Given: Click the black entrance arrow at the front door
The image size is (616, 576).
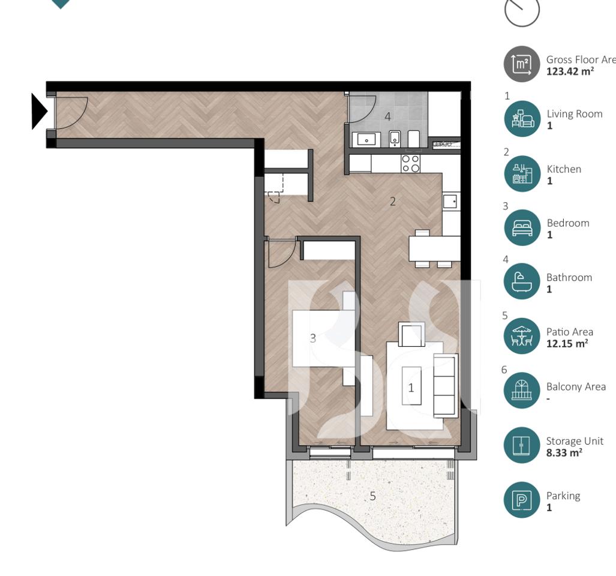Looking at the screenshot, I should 39,112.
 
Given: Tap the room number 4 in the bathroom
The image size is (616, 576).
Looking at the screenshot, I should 387,116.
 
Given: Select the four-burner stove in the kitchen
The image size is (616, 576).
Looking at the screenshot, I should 410,164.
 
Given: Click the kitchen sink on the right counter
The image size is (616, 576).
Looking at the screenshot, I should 450,201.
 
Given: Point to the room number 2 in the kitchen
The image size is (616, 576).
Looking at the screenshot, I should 393,202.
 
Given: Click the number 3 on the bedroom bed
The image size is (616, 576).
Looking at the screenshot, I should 312,338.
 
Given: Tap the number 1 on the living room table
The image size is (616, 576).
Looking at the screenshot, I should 411,388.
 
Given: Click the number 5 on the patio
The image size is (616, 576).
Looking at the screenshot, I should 372,496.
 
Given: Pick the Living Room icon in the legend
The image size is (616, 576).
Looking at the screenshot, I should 522,119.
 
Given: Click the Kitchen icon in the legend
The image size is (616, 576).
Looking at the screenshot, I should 522,173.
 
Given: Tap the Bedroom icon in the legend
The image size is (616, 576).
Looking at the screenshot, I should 522,227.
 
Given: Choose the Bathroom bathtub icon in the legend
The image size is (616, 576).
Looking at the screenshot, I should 522,282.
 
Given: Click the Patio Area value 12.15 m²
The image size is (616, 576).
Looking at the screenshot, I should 567,344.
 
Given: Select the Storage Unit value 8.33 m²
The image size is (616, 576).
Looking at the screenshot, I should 564,453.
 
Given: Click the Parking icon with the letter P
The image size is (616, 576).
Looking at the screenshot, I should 522,500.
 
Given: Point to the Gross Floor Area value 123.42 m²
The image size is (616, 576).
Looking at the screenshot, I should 570,71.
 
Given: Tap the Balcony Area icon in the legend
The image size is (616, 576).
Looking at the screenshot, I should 522,391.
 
